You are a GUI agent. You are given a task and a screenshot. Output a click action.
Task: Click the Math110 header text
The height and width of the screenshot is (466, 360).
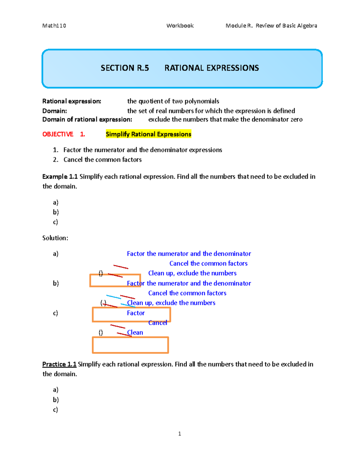pyautogui.click(x=54, y=26)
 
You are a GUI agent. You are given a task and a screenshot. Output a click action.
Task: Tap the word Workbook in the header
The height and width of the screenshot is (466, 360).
pyautogui.click(x=180, y=26)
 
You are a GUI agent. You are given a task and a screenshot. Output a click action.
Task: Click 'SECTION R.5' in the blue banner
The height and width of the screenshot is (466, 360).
pyautogui.click(x=125, y=68)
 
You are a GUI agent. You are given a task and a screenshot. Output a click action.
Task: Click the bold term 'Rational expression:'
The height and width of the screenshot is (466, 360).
pyautogui.click(x=72, y=101)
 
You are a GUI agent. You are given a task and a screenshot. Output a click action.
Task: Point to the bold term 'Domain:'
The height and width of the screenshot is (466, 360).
pyautogui.click(x=55, y=111)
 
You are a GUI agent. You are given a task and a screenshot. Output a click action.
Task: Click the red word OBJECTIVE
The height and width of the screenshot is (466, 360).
pyautogui.click(x=58, y=134)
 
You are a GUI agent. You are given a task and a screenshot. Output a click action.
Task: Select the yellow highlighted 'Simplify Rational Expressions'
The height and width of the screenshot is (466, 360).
pyautogui.click(x=148, y=134)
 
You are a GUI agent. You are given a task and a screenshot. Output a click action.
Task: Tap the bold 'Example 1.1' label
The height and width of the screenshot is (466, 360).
pyautogui.click(x=60, y=177)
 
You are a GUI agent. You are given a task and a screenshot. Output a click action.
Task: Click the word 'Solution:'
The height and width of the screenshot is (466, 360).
pyautogui.click(x=55, y=238)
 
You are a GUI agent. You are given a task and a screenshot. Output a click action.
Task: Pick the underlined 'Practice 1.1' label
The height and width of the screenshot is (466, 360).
pyautogui.click(x=59, y=364)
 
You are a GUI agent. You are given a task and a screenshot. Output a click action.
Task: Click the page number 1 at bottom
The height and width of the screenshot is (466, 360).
pyautogui.click(x=179, y=434)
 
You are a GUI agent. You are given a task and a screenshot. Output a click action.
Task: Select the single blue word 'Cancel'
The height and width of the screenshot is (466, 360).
pyautogui.click(x=158, y=323)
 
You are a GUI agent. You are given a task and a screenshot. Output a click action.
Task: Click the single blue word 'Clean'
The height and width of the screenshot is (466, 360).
pyautogui.click(x=135, y=333)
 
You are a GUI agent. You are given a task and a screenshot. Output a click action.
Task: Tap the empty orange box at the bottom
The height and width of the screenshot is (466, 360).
pyautogui.click(x=130, y=345)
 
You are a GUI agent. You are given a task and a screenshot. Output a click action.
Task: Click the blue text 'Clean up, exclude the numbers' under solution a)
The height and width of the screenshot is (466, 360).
pyautogui.click(x=192, y=273)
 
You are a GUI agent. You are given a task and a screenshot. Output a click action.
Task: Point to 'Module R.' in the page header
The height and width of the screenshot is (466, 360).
pyautogui.click(x=239, y=26)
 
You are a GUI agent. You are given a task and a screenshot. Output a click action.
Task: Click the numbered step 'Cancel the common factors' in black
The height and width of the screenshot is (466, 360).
pyautogui.click(x=102, y=160)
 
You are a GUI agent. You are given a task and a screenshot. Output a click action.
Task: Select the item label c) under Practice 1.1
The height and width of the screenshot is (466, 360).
pyautogui.click(x=55, y=410)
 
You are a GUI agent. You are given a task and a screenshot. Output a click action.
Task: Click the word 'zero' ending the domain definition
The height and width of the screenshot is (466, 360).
pyautogui.click(x=296, y=120)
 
